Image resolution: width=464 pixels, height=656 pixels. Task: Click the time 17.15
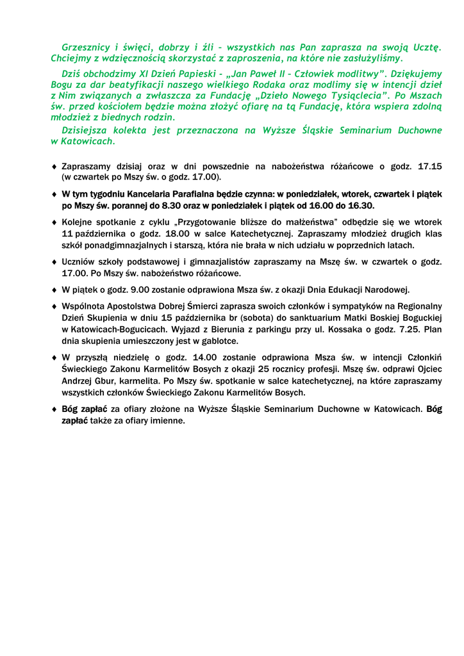pos(429,167)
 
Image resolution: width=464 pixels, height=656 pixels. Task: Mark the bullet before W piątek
pos(54,290)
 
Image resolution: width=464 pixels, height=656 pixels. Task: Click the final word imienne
pos(166,420)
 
